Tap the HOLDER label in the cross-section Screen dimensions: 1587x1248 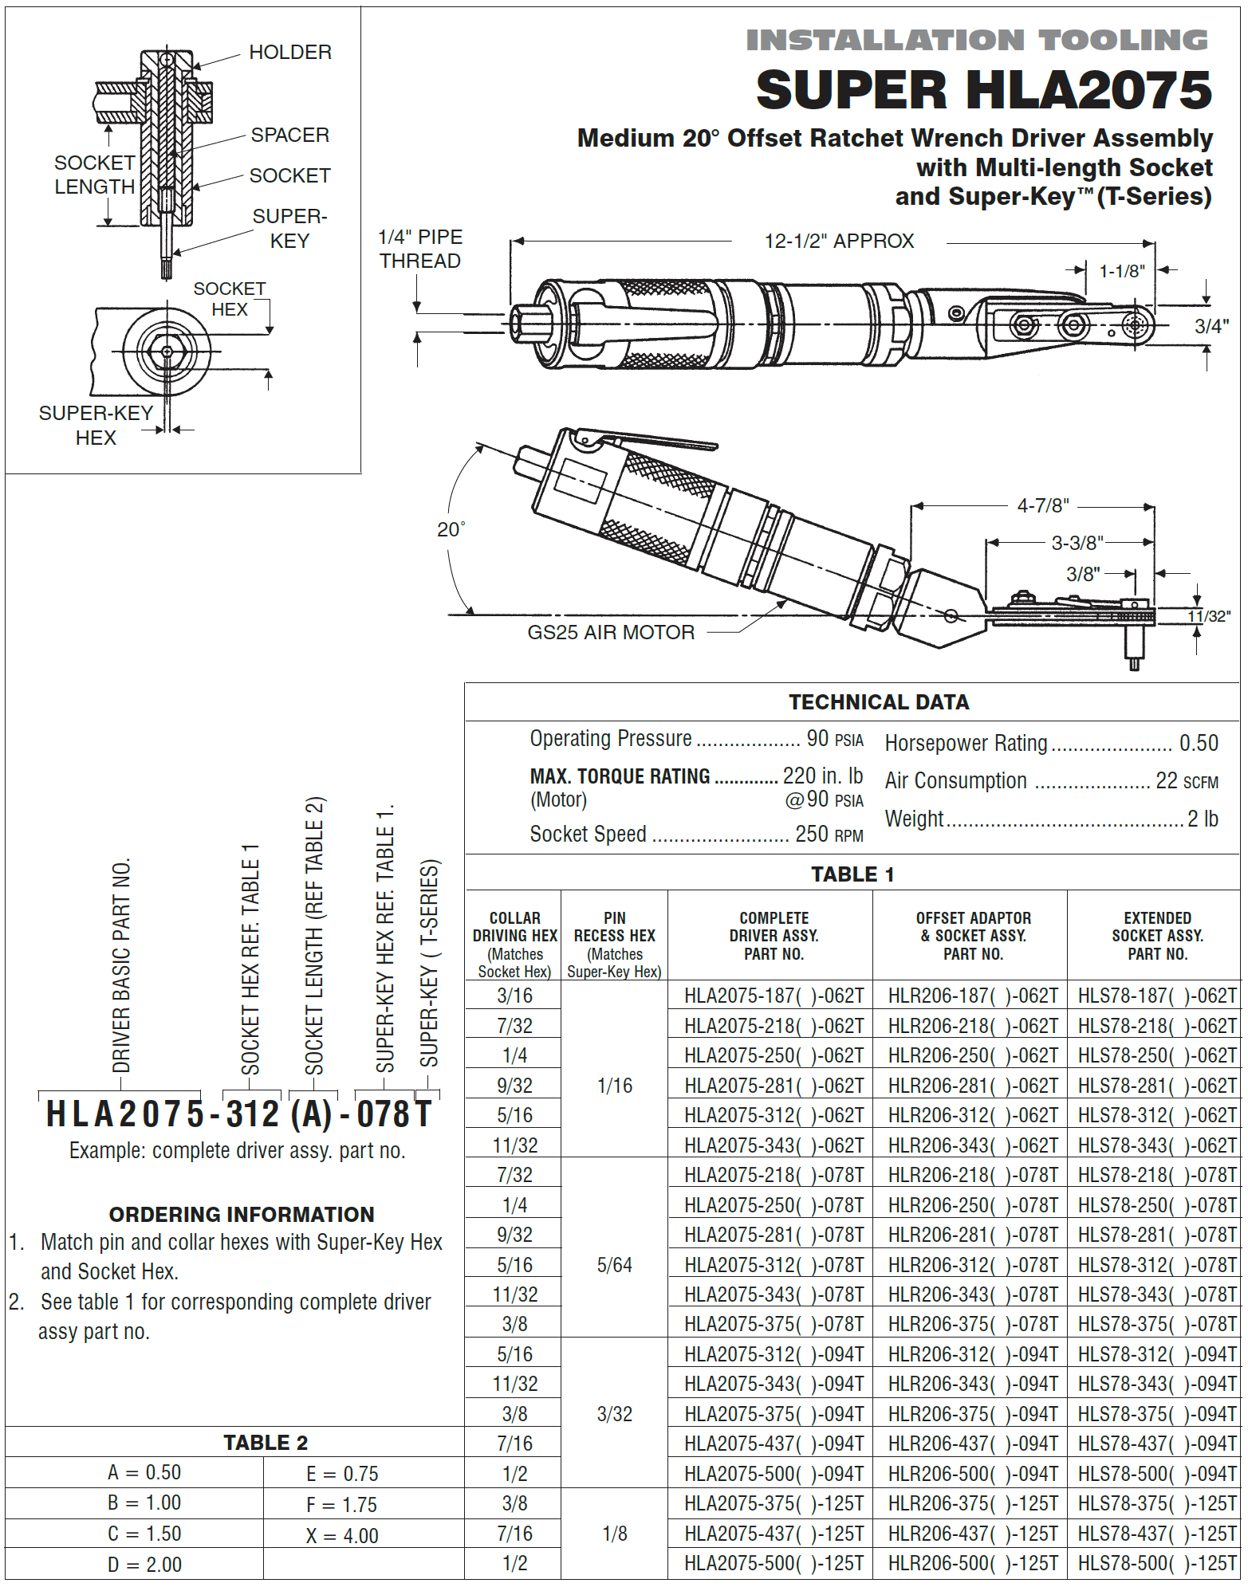click(289, 53)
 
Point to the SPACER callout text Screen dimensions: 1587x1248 click(289, 136)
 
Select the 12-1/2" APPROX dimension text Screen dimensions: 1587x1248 click(839, 242)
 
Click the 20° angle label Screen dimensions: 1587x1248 click(451, 530)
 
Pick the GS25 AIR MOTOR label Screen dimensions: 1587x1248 click(611, 633)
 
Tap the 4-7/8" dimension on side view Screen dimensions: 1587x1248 click(1042, 506)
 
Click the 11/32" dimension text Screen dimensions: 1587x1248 click(1208, 616)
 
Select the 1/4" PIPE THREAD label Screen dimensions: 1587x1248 click(419, 249)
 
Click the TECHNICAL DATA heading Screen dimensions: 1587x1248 click(878, 702)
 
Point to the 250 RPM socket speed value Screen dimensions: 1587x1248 click(829, 835)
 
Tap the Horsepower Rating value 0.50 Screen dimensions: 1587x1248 click(1198, 744)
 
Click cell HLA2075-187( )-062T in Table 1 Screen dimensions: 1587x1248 click(773, 996)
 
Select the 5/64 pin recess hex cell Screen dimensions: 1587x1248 click(614, 1265)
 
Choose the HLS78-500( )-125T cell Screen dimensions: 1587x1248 click(1156, 1563)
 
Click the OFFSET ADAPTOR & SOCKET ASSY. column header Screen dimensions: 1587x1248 click(972, 936)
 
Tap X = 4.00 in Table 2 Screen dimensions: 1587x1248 click(342, 1536)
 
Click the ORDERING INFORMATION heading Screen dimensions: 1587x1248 click(242, 1215)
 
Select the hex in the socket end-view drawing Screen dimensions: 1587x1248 click(167, 352)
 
